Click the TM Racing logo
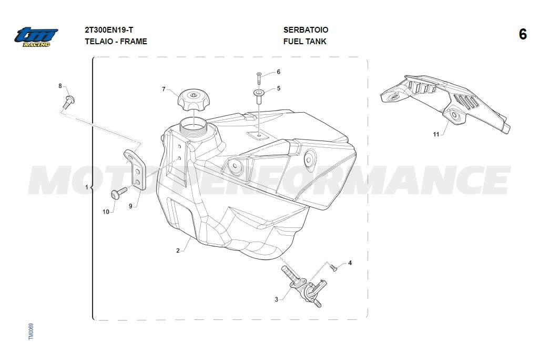pyautogui.click(x=36, y=37)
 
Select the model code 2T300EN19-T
pyautogui.click(x=109, y=30)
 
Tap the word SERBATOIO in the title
pyautogui.click(x=306, y=30)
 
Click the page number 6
pyautogui.click(x=523, y=34)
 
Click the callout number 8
pyautogui.click(x=60, y=86)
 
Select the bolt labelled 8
pyautogui.click(x=69, y=102)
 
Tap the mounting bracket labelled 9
pyautogui.click(x=136, y=169)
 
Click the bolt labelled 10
pyautogui.click(x=119, y=193)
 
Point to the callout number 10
pyautogui.click(x=106, y=212)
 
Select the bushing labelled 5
pyautogui.click(x=259, y=96)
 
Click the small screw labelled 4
pyautogui.click(x=333, y=267)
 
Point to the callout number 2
pyautogui.click(x=178, y=251)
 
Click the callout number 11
pyautogui.click(x=436, y=134)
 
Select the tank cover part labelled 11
pyautogui.click(x=445, y=103)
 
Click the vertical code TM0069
pyautogui.click(x=31, y=332)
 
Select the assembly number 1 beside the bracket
pyautogui.click(x=87, y=187)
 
